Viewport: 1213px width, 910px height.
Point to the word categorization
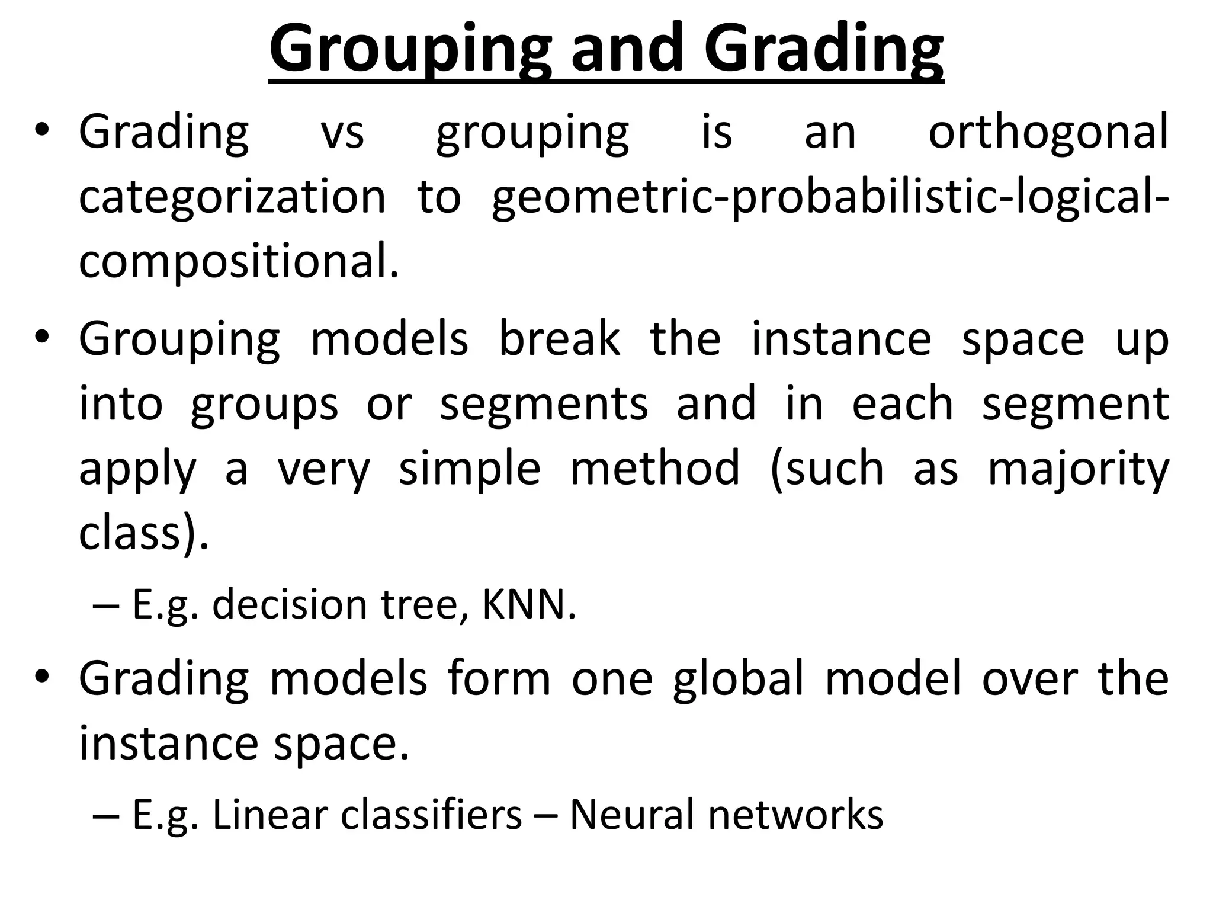(232, 197)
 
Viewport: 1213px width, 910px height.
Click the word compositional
(239, 262)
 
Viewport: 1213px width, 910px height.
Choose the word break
(560, 339)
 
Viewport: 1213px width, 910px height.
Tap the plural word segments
(544, 404)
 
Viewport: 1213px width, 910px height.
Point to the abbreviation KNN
(529, 605)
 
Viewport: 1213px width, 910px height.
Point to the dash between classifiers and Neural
(545, 816)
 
